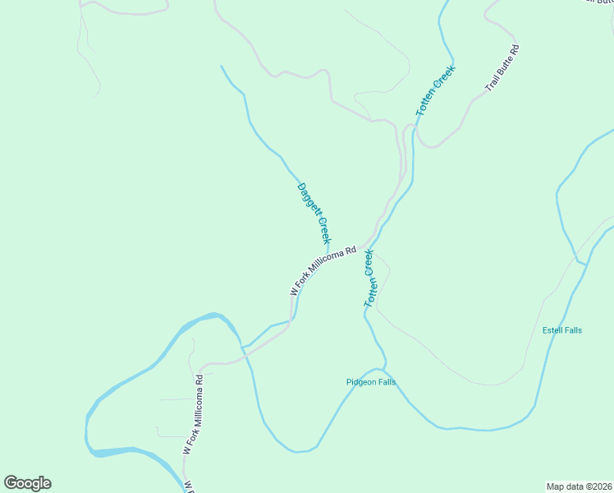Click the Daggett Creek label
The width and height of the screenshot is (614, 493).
(x=314, y=214)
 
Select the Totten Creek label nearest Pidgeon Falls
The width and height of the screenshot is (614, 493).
(x=370, y=279)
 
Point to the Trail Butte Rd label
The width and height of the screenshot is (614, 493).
(x=502, y=68)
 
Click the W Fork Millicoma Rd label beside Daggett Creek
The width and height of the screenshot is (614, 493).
(x=323, y=270)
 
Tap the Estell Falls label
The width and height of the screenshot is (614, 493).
(x=562, y=330)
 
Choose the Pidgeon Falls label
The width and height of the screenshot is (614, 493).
(x=371, y=383)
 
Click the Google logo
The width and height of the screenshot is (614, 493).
(x=28, y=483)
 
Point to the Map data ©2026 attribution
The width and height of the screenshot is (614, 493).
(x=578, y=486)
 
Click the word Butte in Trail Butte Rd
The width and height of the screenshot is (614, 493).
(x=504, y=67)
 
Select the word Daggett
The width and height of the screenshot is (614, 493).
(x=307, y=200)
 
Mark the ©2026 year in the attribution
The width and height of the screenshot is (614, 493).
(x=595, y=486)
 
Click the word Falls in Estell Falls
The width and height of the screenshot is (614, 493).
(x=573, y=330)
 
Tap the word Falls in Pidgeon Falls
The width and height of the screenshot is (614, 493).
(x=386, y=383)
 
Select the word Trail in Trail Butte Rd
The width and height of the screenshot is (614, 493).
(x=492, y=83)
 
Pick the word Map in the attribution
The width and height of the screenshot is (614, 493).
(x=556, y=486)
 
